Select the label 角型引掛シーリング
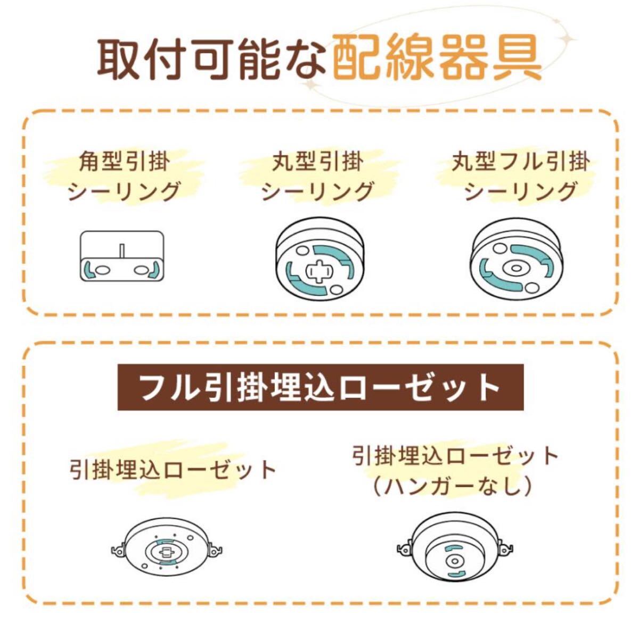point(124,176)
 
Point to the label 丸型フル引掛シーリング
point(520,176)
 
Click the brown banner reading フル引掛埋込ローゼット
point(320,387)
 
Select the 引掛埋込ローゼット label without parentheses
point(173,469)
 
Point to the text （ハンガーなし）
point(454,486)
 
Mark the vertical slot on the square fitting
point(122,250)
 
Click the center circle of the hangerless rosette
point(453,561)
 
